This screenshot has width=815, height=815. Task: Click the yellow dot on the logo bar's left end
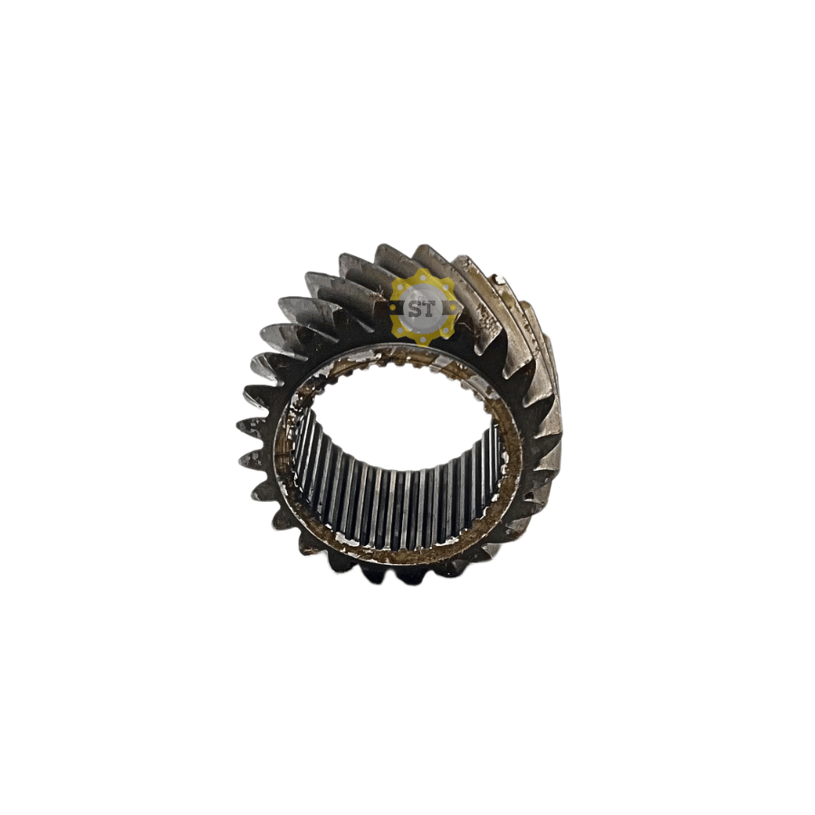[392, 308]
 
